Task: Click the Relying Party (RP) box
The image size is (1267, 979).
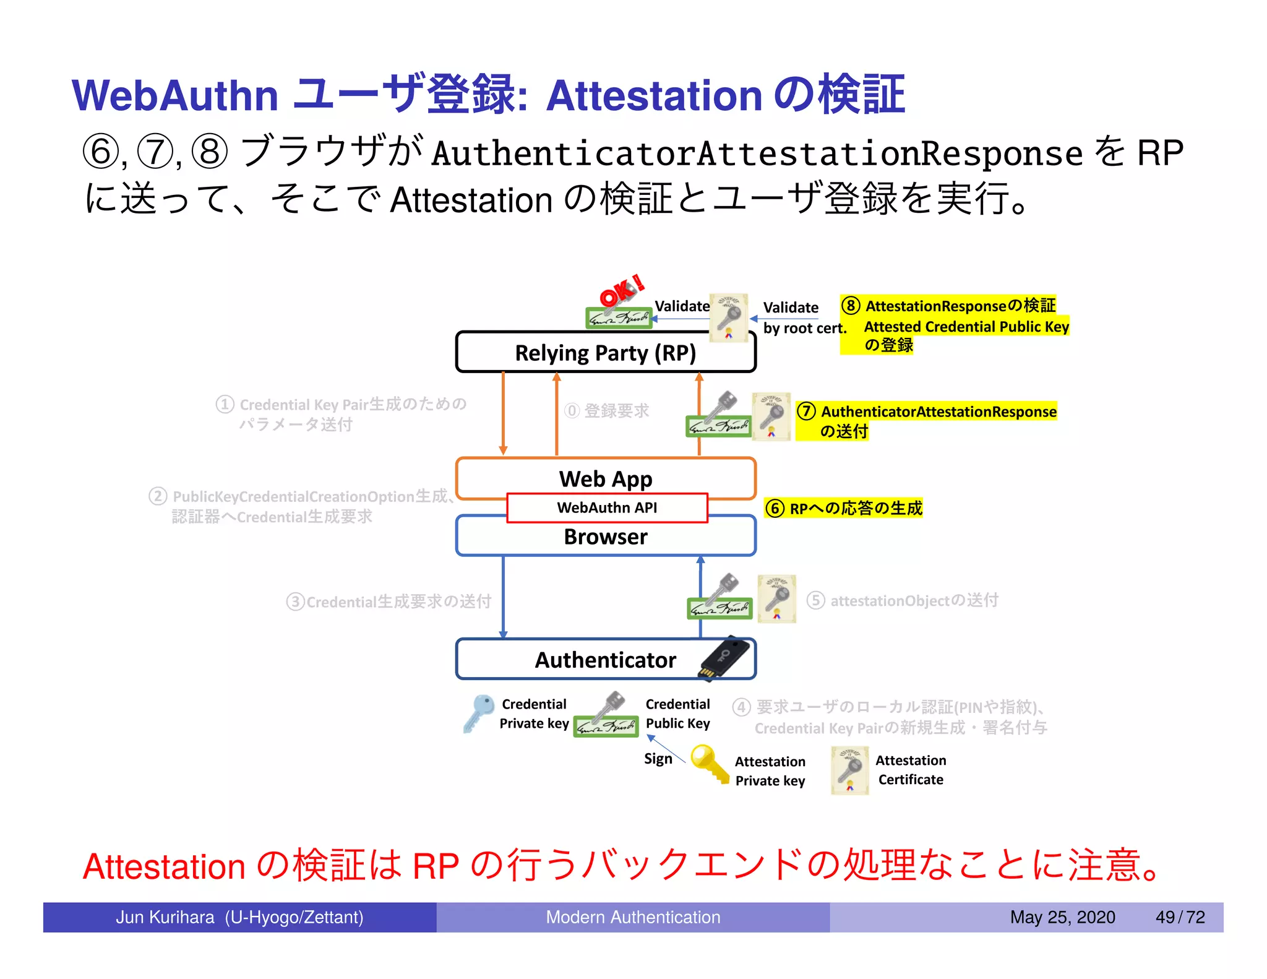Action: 605,353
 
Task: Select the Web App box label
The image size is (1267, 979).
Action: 605,479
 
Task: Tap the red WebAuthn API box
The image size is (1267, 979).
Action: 606,508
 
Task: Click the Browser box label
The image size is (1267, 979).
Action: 605,537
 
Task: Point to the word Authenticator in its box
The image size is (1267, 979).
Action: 605,660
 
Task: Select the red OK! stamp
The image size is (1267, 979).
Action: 621,291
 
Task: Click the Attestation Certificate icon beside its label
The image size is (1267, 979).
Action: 849,770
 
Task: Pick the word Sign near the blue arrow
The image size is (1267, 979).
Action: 658,759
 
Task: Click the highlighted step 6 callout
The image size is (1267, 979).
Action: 844,508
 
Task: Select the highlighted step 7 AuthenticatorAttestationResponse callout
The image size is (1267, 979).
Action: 926,420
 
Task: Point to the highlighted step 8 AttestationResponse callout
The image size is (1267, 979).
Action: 954,324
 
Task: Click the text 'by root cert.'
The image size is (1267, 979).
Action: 804,329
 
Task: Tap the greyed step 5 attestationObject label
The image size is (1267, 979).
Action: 903,600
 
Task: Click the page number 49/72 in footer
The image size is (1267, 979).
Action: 1180,917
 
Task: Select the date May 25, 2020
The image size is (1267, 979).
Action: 1062,917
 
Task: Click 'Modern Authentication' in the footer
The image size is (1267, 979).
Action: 633,917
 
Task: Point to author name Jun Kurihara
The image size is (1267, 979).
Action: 165,917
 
